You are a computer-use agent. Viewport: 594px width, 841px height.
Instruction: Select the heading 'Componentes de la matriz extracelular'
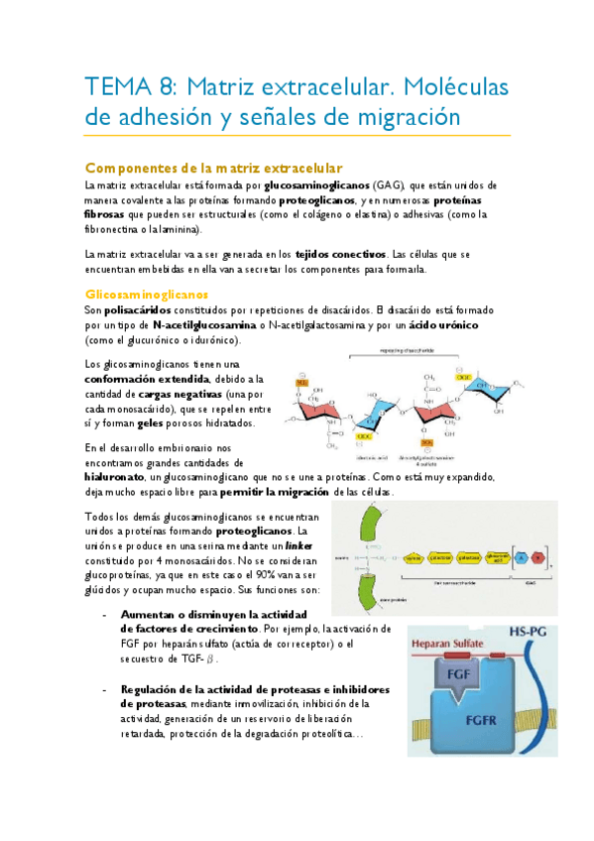[x=214, y=168]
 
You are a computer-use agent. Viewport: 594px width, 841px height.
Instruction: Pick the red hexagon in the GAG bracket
[x=537, y=557]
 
